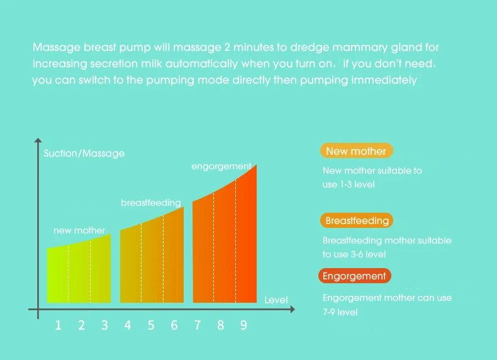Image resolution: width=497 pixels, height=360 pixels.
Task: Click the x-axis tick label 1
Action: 59,325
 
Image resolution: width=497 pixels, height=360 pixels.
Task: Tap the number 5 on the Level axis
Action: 151,325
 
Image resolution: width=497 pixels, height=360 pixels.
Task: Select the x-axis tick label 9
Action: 243,325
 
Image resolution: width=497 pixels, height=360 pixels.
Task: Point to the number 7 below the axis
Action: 197,325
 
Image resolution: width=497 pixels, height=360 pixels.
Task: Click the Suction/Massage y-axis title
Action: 84,154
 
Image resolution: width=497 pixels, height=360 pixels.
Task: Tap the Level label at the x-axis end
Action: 276,300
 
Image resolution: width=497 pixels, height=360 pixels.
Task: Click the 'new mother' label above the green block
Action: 79,230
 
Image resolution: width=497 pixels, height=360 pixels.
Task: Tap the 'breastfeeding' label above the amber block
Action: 151,203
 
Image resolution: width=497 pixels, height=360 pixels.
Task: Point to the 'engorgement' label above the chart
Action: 221,167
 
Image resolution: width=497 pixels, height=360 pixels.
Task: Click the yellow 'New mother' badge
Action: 357,150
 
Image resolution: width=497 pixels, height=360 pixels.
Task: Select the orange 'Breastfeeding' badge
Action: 357,220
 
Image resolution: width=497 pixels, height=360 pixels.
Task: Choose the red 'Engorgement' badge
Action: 355,276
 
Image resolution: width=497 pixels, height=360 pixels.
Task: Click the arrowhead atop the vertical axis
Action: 38,140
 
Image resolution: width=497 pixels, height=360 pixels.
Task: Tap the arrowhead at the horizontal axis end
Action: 293,309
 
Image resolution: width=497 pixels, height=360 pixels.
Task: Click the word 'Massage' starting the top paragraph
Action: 57,48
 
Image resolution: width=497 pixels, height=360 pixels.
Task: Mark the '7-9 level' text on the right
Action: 340,312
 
